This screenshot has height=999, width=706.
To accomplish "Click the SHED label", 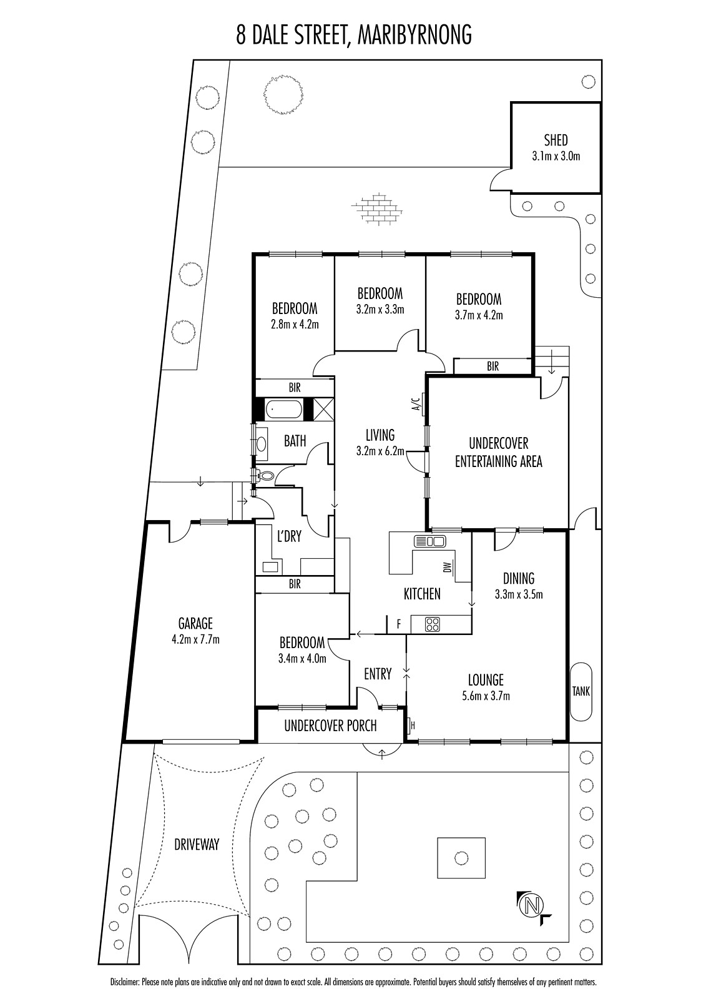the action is (556, 140).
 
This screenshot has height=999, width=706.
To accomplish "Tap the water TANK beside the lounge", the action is (581, 691).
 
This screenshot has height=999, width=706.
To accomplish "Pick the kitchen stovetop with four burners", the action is (432, 624).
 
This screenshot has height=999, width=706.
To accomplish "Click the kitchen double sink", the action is (429, 541).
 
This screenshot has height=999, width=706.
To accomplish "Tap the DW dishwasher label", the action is (448, 568).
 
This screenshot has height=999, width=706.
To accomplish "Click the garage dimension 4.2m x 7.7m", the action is (196, 639).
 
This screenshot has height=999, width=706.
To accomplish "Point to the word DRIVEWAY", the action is (197, 844).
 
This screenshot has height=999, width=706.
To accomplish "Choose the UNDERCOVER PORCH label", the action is (330, 726).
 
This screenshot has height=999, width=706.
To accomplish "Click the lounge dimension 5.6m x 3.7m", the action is (486, 695).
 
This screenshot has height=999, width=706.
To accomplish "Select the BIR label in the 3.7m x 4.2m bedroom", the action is (493, 366).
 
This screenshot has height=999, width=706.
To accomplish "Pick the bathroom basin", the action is (262, 444).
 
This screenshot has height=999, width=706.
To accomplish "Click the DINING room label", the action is (519, 579).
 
